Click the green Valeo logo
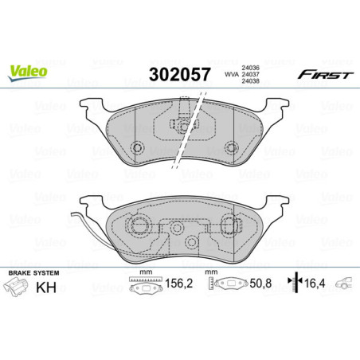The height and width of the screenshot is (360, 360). [x=28, y=71]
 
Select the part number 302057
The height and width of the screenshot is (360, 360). [x=181, y=74]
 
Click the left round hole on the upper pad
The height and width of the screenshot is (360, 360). [x=136, y=147]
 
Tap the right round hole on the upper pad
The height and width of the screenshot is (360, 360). [x=232, y=147]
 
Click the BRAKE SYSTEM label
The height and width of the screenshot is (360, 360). [x=29, y=273]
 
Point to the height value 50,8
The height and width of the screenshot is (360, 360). [x=265, y=282]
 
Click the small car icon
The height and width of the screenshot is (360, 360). [x=346, y=281]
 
